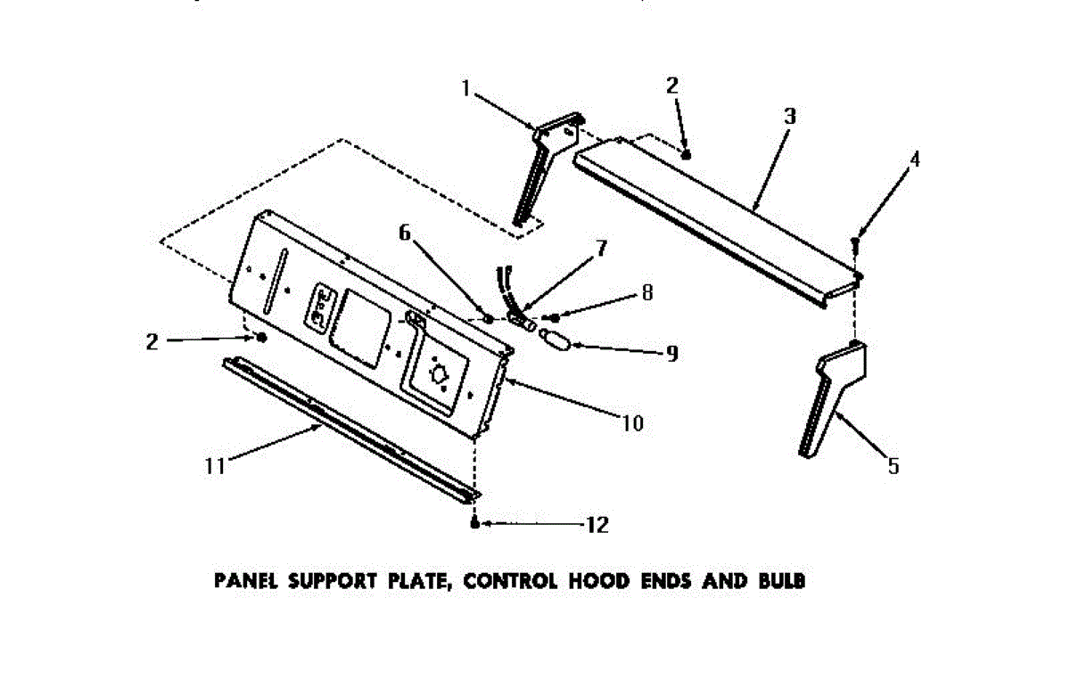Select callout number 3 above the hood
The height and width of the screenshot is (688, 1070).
click(789, 117)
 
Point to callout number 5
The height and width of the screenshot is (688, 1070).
click(893, 465)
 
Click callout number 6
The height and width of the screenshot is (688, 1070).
click(405, 233)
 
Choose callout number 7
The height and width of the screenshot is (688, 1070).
click(602, 248)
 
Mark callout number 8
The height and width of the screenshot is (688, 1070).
click(647, 291)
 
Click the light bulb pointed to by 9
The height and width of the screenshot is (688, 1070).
click(554, 341)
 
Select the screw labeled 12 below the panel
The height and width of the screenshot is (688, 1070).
click(475, 523)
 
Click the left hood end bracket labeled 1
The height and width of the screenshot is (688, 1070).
click(544, 165)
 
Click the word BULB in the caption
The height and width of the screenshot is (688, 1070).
click(783, 582)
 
